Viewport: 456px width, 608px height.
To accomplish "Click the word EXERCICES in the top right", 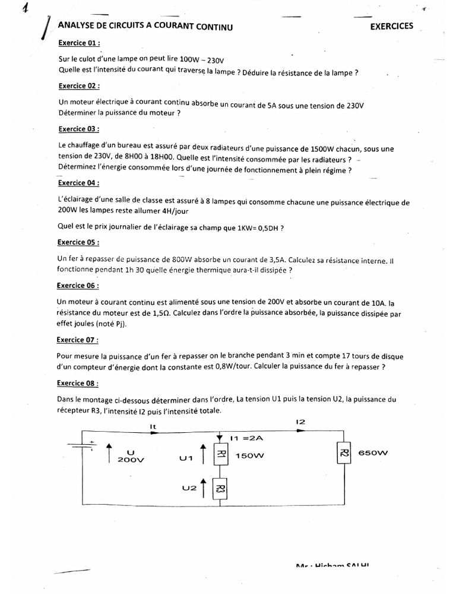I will pos(392,27).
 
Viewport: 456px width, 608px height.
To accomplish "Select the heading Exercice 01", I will pos(78,43).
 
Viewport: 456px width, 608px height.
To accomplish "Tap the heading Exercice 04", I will pos(78,183).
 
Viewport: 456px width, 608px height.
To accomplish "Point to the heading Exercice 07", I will pos(78,340).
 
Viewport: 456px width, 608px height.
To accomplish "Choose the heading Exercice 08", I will pos(78,384).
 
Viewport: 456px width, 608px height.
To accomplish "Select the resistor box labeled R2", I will pos(344,455).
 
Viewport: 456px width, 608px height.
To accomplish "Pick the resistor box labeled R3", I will pos(221,490).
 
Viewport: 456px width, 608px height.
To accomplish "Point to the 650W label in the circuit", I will pos(372,453).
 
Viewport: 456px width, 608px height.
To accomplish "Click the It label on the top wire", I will pos(152,426).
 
